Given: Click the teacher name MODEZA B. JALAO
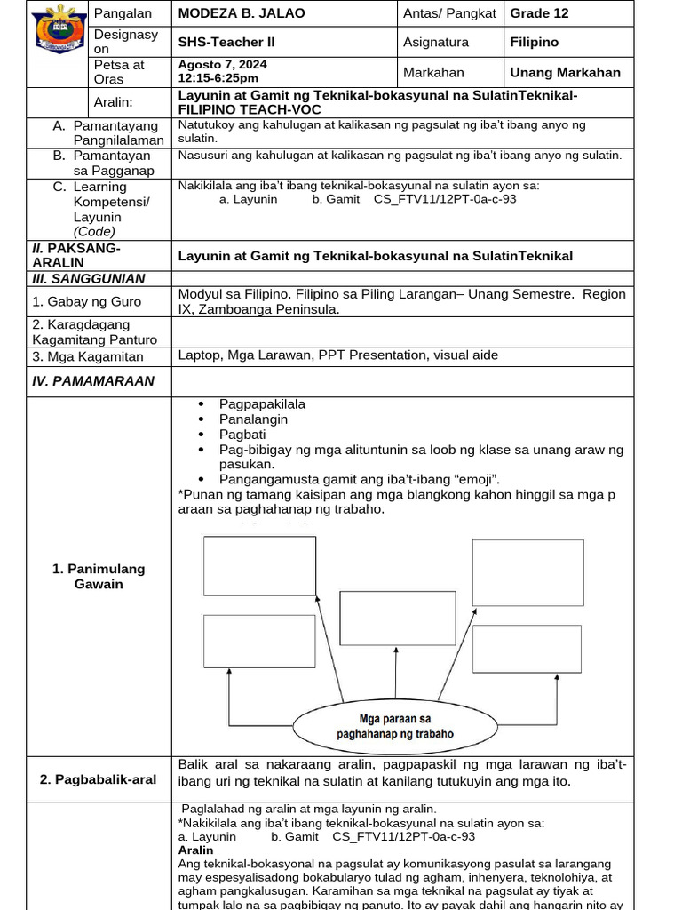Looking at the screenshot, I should pos(241,13).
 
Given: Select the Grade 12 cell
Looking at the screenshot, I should pos(539,13).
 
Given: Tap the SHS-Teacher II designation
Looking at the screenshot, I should pos(226,42).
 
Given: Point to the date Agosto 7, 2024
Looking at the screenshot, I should pos(222,65).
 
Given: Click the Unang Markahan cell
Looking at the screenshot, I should pos(565,72).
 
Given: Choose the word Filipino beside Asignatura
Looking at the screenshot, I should pos(534,42).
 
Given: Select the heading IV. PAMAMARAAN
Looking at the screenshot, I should pos(92,380).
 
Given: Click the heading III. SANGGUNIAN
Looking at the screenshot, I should pos(88,278).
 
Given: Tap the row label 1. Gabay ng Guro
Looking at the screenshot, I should pos(86,301).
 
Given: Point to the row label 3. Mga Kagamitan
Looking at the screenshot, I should pos(87,355).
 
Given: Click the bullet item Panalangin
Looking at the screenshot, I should pos(253,419).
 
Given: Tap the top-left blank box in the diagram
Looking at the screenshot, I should pos(259,565).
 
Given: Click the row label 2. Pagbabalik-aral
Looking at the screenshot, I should pos(98,779).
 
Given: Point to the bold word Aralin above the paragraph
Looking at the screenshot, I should pos(195,850).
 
